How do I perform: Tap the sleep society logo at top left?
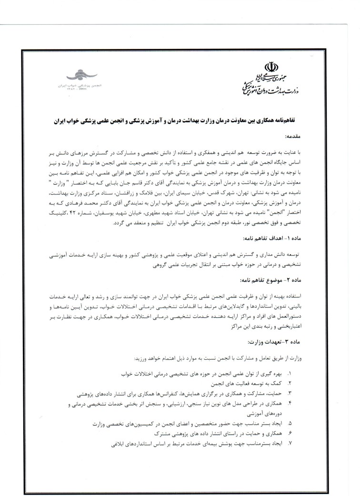(x=81, y=75)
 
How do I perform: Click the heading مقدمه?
(x=295, y=136)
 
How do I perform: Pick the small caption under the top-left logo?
(x=81, y=86)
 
